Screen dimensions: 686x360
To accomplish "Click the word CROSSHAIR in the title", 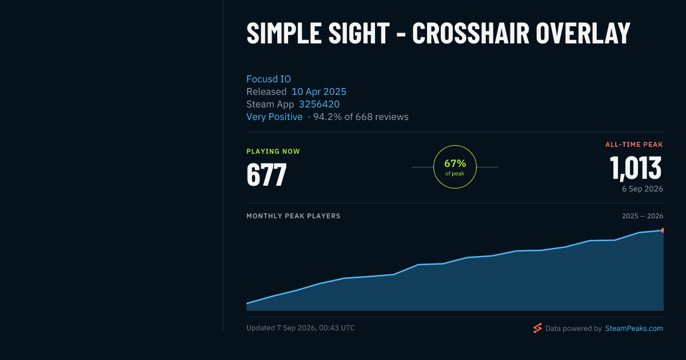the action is tap(470, 33).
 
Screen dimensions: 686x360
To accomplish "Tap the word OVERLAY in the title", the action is tap(583, 33).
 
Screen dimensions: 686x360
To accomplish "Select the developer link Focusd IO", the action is tap(269, 79).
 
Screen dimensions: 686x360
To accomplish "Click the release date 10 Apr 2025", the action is tap(319, 91).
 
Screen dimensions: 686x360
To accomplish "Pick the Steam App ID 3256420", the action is tap(319, 104).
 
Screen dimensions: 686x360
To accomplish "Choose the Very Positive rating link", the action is tap(274, 117).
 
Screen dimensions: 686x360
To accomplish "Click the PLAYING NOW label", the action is tap(273, 151).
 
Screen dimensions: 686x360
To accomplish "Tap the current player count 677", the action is tap(266, 174).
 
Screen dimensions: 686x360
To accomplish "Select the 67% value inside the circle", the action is tap(455, 163).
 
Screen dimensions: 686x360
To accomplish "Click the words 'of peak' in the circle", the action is tap(455, 174).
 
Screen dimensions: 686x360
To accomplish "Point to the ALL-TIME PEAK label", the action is tap(634, 145).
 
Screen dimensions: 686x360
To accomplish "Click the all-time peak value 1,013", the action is tap(636, 168).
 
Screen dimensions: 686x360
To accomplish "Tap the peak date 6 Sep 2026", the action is tap(643, 189).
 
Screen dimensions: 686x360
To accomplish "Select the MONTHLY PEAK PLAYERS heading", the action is tap(293, 216).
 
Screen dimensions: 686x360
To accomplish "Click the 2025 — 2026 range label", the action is tap(643, 216).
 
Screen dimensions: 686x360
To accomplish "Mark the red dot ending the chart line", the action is tap(663, 230).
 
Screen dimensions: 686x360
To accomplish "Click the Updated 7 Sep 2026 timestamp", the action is tap(301, 328).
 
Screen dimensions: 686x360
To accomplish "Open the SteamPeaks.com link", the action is tap(634, 328).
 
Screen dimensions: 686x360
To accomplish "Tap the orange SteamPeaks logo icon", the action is tap(537, 328).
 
